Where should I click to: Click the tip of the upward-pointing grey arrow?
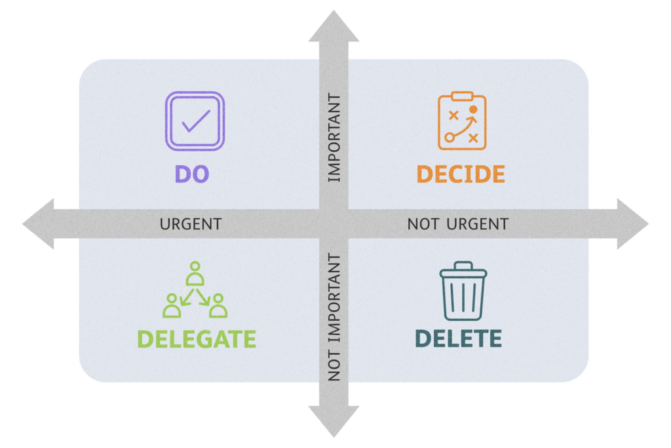tap(334, 10)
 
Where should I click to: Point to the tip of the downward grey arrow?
tap(334, 437)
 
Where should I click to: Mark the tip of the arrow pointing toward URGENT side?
tap(23, 224)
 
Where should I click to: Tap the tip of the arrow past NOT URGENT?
tap(648, 224)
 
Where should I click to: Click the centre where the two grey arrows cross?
tap(334, 224)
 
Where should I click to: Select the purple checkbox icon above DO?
tap(195, 121)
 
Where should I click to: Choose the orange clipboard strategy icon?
tap(462, 120)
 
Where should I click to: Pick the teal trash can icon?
tap(463, 291)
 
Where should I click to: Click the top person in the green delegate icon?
tap(195, 274)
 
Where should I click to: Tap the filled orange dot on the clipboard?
tap(473, 110)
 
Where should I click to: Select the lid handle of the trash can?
tap(463, 266)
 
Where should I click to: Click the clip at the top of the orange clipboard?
tap(462, 96)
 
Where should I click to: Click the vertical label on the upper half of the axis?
tap(334, 138)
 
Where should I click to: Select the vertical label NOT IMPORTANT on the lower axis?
tap(334, 317)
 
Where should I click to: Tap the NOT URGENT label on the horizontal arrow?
tap(458, 224)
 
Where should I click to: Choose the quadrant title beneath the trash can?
tap(458, 338)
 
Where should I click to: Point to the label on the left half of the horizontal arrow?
tap(191, 224)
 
